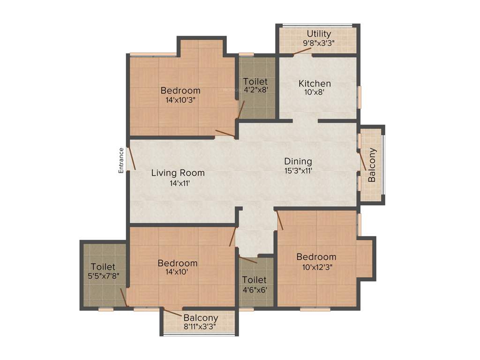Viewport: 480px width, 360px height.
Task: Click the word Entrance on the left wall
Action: (x=121, y=161)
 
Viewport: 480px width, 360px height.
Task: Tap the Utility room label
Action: (x=319, y=34)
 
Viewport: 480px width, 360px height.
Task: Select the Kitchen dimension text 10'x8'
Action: (x=315, y=92)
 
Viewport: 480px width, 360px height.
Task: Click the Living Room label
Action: (x=178, y=173)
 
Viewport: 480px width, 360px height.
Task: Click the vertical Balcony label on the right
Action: (x=372, y=165)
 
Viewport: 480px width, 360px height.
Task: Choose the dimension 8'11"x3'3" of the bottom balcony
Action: (x=201, y=327)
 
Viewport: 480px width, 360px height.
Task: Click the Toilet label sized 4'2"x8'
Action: (x=255, y=82)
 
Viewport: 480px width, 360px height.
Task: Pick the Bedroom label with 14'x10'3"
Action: (x=180, y=90)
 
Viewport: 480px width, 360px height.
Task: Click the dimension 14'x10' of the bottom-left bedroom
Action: (x=177, y=272)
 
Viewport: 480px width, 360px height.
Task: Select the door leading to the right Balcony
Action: (x=362, y=162)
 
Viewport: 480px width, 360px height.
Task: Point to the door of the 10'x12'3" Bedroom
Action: (x=280, y=220)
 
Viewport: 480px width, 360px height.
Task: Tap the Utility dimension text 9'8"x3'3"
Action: (x=319, y=43)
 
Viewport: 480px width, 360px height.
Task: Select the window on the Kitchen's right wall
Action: (x=360, y=97)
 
